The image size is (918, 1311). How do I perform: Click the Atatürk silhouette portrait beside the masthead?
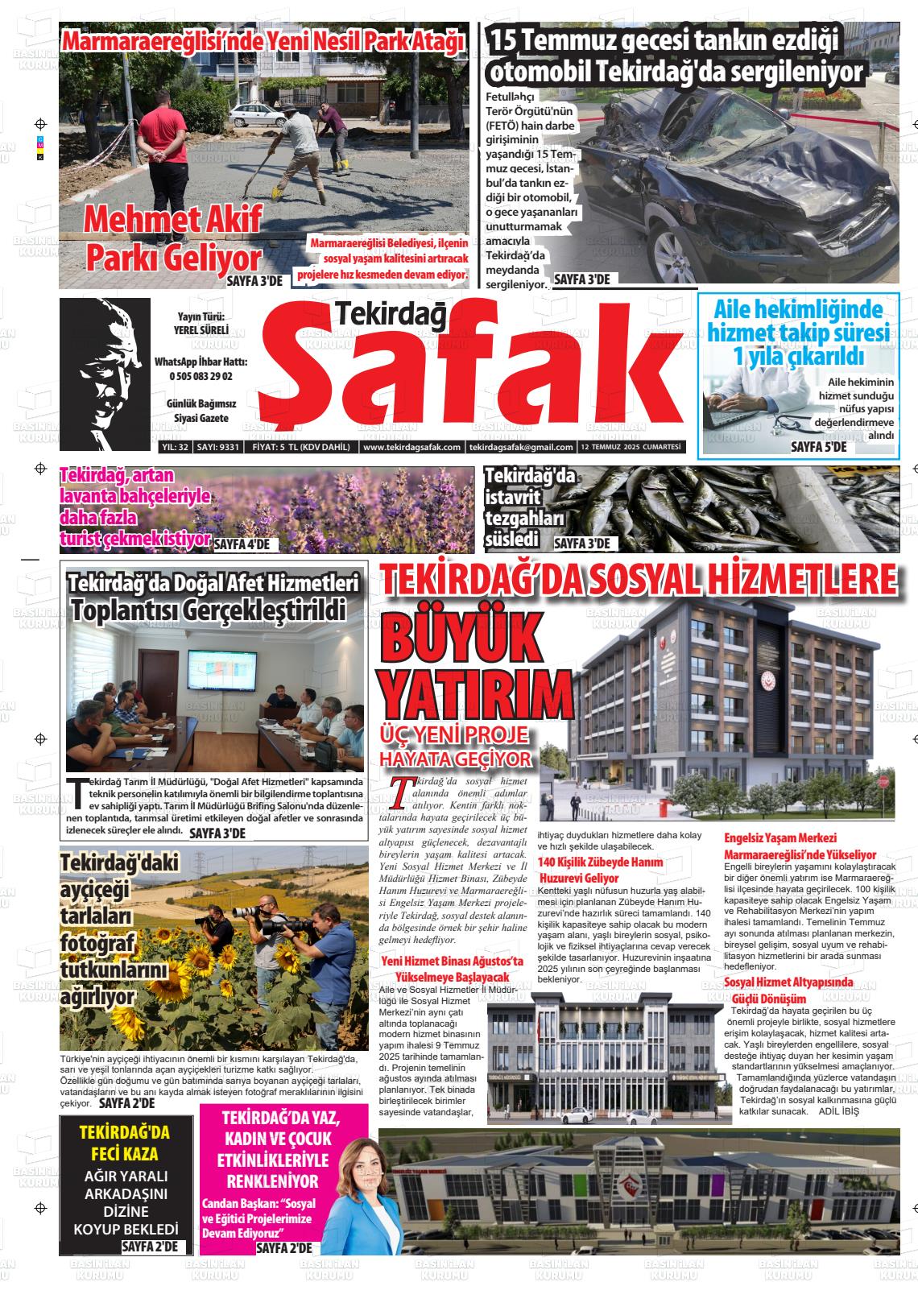tap(105, 373)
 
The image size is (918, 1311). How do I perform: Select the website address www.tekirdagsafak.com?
tap(411, 448)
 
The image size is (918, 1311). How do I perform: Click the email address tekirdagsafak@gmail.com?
tap(520, 448)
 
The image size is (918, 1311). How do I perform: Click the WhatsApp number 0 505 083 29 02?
tap(201, 376)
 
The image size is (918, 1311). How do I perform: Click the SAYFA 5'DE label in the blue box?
tap(818, 446)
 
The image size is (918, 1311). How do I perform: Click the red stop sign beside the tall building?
tap(883, 782)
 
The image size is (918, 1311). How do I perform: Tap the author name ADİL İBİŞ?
tap(838, 1111)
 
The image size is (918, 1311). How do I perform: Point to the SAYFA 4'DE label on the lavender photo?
tap(242, 544)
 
